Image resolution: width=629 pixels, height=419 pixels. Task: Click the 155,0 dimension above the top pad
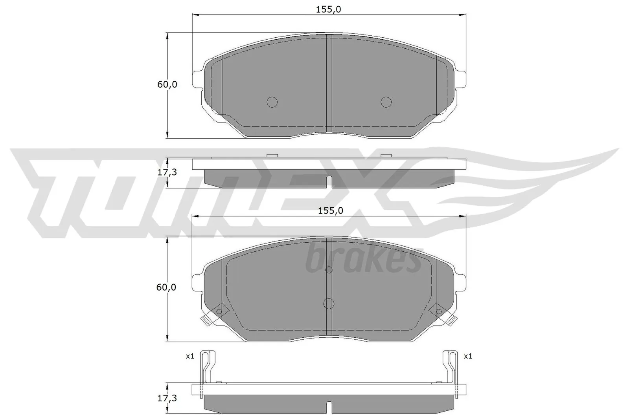click(x=328, y=9)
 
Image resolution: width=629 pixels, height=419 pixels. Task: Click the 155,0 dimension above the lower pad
click(x=330, y=211)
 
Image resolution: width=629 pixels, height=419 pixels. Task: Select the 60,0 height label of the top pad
click(x=167, y=84)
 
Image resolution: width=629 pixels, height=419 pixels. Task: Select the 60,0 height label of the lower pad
click(x=166, y=287)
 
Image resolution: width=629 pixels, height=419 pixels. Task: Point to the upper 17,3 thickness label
click(x=167, y=172)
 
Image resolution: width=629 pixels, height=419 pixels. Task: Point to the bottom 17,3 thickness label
click(x=167, y=398)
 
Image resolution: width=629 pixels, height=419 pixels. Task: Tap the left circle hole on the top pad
click(x=272, y=102)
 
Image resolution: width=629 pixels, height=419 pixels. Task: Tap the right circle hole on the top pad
click(x=386, y=102)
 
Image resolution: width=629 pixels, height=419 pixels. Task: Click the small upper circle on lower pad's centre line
click(x=329, y=270)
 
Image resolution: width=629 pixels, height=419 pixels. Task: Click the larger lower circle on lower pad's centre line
click(x=329, y=303)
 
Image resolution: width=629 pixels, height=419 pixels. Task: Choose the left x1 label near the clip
click(x=190, y=357)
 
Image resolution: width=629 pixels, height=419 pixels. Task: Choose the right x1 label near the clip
click(x=468, y=357)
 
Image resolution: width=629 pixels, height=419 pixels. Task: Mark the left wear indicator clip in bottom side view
click(x=207, y=367)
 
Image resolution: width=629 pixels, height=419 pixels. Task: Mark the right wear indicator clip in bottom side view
click(x=451, y=367)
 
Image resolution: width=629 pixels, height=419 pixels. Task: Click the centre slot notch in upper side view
click(x=329, y=181)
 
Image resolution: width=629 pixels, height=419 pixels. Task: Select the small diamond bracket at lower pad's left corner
click(x=219, y=311)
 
